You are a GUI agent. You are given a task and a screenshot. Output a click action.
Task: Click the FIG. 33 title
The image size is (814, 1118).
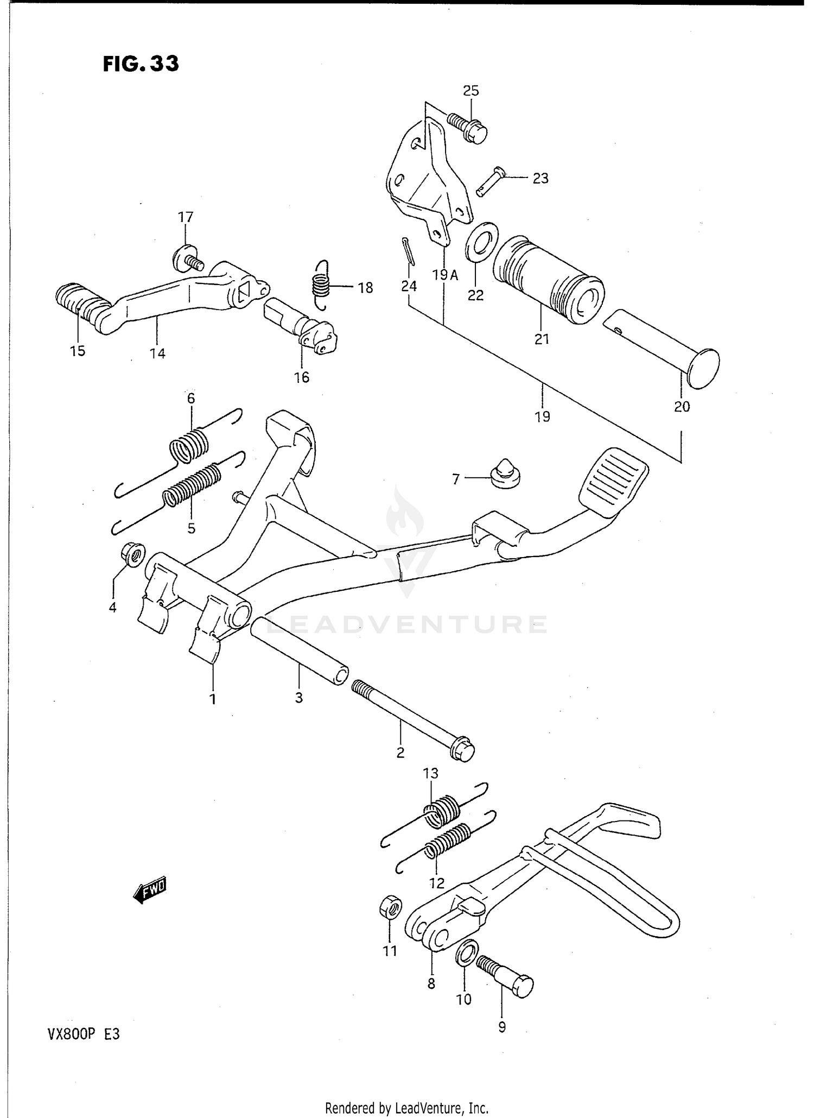coord(141,64)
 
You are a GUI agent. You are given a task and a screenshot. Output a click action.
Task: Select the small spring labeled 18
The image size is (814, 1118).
coord(321,284)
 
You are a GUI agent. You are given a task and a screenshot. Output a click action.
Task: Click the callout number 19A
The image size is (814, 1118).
coord(446,275)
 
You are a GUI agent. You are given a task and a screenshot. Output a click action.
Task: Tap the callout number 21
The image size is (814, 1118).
coord(542,339)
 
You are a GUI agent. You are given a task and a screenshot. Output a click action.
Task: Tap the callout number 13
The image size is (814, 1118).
coord(430,773)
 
